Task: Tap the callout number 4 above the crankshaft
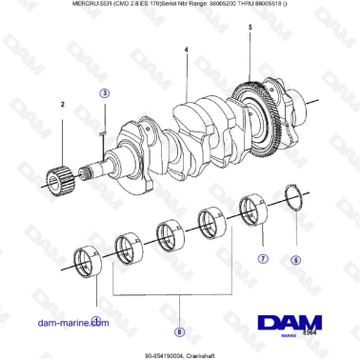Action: [186, 50]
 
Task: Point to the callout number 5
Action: [250, 30]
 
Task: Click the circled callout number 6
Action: [295, 259]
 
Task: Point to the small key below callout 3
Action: [103, 134]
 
